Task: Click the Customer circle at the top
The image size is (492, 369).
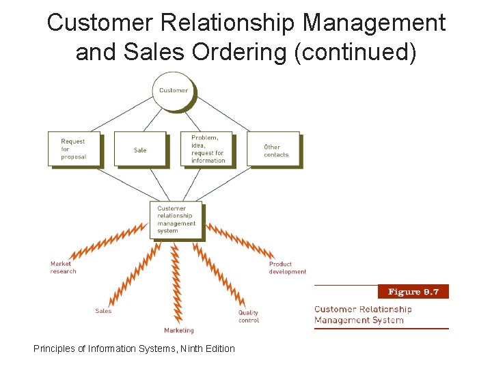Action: coord(174,91)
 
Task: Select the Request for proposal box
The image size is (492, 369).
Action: coord(74,149)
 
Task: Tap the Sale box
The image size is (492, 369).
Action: coord(140,149)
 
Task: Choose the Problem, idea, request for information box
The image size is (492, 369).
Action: coord(206,149)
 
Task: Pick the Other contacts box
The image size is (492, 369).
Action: coord(273,149)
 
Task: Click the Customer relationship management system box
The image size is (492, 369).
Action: coord(176,219)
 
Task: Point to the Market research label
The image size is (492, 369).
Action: coord(64,268)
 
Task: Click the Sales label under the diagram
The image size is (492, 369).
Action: coord(103,311)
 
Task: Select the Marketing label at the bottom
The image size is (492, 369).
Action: coord(179,331)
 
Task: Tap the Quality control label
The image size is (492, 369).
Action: coord(249,316)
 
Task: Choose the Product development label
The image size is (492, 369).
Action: coord(288,268)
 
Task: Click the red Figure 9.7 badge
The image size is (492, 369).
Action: coord(413,292)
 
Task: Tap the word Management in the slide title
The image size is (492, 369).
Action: coord(374,23)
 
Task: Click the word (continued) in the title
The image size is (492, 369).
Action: coord(355,52)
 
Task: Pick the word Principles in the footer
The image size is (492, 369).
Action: coord(54,348)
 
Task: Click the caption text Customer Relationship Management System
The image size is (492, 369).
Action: coord(363,315)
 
